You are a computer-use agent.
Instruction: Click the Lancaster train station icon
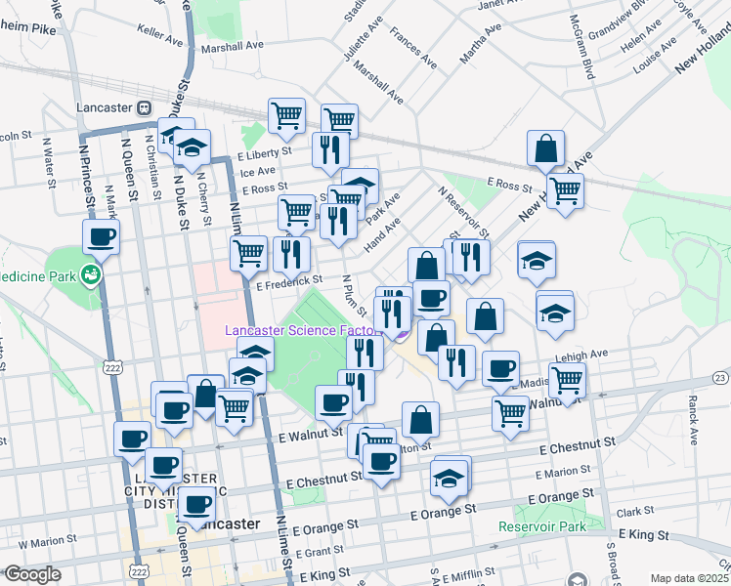coord(144,107)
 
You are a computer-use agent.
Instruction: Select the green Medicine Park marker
coord(91,274)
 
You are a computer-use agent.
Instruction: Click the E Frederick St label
coord(289,280)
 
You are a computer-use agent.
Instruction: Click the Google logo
coord(32,574)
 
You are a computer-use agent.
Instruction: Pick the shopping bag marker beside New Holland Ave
coord(545,148)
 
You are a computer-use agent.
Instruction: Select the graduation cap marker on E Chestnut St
coord(449,479)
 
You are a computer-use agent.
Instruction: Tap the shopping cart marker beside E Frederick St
coord(248,253)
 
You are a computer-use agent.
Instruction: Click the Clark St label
coord(635,511)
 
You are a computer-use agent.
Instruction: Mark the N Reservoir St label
coord(463,211)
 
